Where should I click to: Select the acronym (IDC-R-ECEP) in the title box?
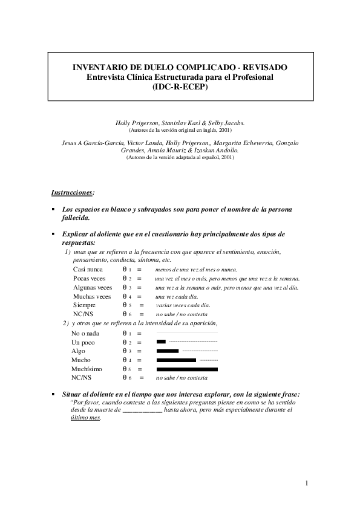180,86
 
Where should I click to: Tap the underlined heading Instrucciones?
73,192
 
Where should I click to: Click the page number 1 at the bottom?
307,482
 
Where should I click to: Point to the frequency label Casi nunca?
88,269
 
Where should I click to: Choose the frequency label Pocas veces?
89,278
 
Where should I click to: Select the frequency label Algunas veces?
92,287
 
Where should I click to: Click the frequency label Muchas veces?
91,296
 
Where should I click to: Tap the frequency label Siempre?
84,305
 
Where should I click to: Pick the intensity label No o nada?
85,333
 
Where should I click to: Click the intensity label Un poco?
83,342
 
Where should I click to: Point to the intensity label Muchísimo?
87,369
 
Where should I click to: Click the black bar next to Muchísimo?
187,369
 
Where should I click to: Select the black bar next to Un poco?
161,342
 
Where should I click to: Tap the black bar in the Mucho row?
176,360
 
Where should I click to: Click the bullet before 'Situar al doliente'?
54,394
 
